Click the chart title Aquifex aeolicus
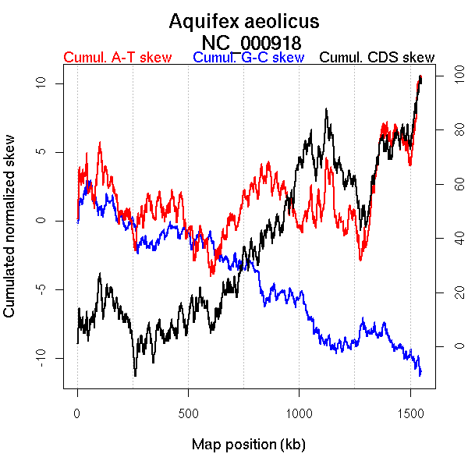tap(244, 21)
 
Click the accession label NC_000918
tap(251, 41)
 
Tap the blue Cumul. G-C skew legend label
tap(248, 58)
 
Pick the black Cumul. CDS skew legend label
tap(378, 58)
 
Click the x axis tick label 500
tap(189, 412)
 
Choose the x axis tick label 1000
tap(300, 412)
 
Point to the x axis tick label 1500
tap(411, 412)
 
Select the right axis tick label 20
tap(449, 292)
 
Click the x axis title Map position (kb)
tap(248, 445)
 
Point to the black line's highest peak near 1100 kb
tap(326, 110)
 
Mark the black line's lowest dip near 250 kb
tap(135, 375)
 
